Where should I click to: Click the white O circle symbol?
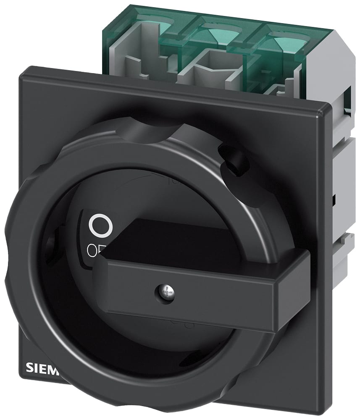click(x=101, y=225)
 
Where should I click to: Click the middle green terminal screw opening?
click(x=221, y=31)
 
